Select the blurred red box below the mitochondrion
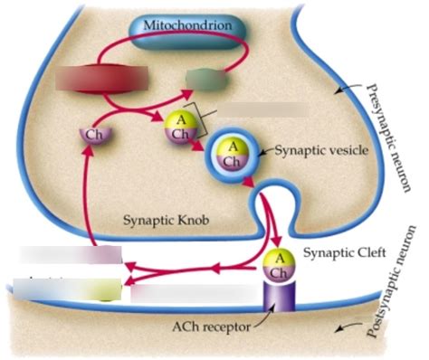[x=88, y=81]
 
